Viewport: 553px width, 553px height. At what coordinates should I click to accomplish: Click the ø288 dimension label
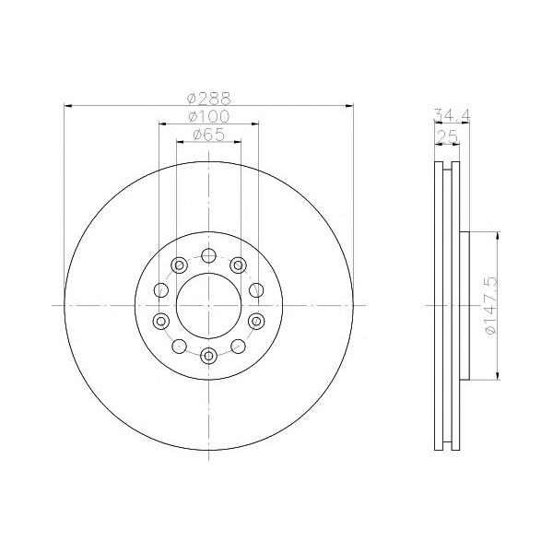tap(209, 99)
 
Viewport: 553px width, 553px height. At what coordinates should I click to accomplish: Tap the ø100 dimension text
tap(209, 116)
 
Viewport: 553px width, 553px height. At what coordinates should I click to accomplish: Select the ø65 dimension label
tap(209, 135)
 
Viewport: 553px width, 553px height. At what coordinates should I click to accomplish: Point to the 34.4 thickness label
tap(452, 115)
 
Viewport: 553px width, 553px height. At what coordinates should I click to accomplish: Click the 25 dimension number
tap(447, 136)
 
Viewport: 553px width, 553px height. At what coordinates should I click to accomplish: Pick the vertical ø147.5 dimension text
tap(490, 305)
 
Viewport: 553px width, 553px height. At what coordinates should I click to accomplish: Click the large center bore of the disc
tap(209, 305)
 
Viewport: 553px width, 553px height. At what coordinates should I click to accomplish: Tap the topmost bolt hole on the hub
tap(209, 255)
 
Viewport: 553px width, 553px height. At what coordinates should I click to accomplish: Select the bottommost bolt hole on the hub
tap(209, 356)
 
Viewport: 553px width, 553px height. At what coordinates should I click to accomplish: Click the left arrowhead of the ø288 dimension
tap(68, 105)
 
